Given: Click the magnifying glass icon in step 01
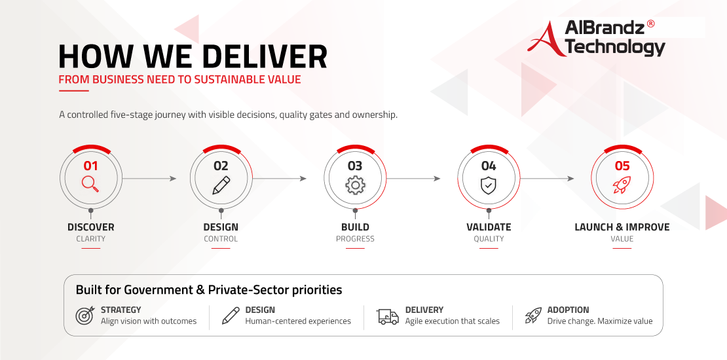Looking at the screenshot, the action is (x=90, y=183).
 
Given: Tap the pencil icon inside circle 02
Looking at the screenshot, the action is (x=221, y=185).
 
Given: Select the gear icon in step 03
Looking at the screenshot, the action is (x=355, y=185).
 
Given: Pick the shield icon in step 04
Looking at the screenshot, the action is (x=488, y=185).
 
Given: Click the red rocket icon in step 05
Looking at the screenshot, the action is (x=622, y=185).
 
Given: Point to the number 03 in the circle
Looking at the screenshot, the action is (x=355, y=166).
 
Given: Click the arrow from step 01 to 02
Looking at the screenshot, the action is (x=149, y=179).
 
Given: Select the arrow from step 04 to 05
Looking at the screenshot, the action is (x=547, y=179).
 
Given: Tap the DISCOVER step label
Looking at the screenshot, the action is (x=91, y=227).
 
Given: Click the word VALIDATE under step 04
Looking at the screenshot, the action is (x=489, y=227).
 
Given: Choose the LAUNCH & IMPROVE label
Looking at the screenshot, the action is (x=622, y=227).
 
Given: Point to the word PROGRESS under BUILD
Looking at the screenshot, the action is (x=355, y=239).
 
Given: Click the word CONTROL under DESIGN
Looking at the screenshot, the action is (x=221, y=239).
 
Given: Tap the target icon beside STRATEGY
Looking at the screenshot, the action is (x=85, y=315).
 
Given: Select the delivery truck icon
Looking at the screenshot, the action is (x=388, y=316).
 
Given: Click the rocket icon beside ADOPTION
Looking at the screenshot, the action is (x=533, y=315).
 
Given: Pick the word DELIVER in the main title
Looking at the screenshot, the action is (x=265, y=56).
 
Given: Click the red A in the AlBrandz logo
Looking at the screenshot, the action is (x=546, y=39).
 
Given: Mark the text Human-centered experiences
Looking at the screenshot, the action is (x=298, y=321).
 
